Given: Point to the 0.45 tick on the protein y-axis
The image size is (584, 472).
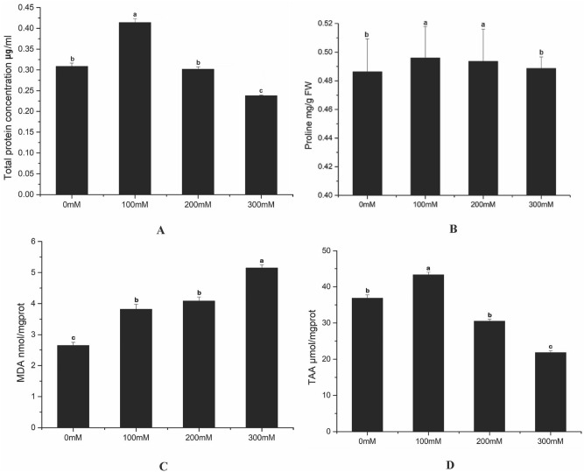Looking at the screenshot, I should click(x=33, y=9).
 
